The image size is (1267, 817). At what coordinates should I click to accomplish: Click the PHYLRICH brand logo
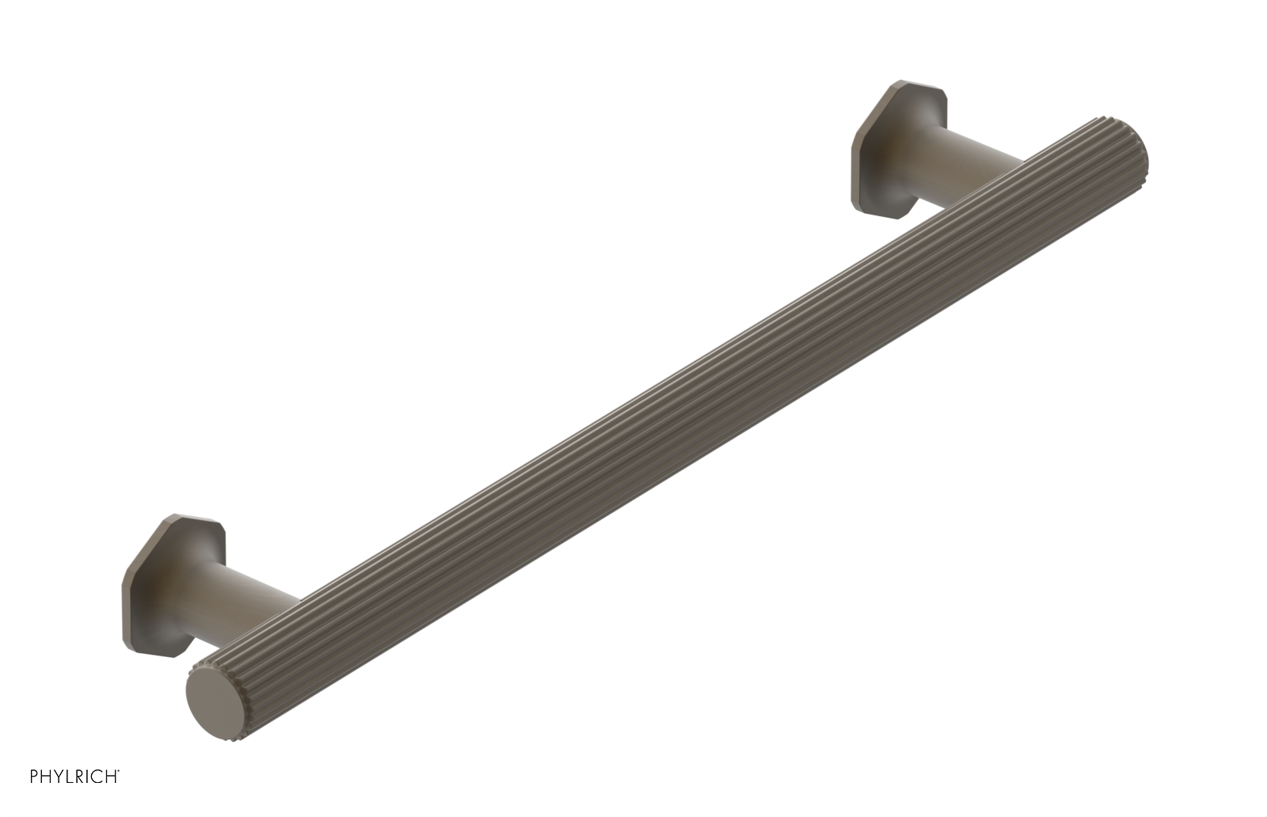point(74,777)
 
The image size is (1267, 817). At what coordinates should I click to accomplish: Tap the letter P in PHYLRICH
point(34,777)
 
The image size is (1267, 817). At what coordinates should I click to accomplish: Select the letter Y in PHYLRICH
point(58,777)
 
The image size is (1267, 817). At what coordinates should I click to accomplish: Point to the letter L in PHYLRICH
point(68,777)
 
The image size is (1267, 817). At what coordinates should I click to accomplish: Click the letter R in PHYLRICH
point(78,777)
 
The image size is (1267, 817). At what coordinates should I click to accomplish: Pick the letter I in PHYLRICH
point(87,777)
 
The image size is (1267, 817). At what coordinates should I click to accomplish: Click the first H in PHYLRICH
point(46,777)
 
